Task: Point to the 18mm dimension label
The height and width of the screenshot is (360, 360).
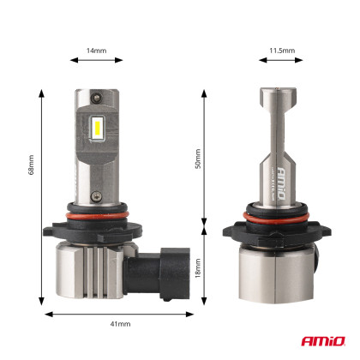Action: tap(199, 268)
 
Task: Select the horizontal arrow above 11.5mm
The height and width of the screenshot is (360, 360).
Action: tap(282, 61)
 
